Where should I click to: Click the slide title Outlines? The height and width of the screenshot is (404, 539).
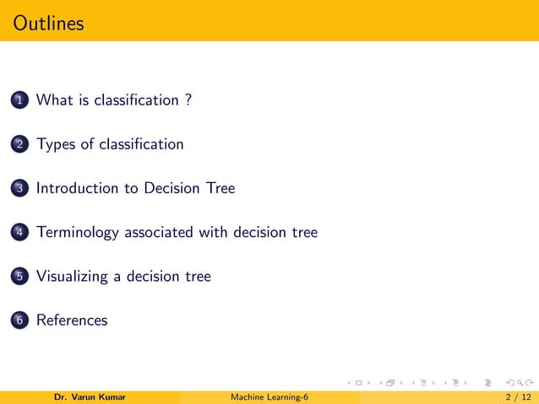(49, 23)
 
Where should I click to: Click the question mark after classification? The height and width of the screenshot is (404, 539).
(187, 100)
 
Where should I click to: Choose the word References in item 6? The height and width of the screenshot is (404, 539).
(72, 320)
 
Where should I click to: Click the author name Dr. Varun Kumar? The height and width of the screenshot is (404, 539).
(90, 397)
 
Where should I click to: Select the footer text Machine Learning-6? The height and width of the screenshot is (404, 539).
(269, 397)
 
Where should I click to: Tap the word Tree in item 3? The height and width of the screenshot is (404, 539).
(220, 188)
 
